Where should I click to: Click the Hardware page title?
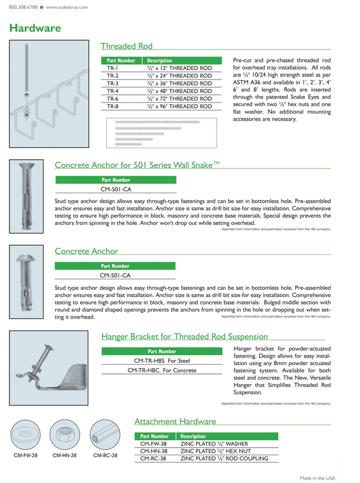click(35, 28)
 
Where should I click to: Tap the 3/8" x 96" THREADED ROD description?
click(179, 107)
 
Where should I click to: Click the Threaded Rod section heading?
click(127, 46)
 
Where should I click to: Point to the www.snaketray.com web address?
click(67, 8)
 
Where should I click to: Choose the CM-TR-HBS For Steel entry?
click(162, 360)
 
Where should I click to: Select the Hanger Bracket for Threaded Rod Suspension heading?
click(184, 337)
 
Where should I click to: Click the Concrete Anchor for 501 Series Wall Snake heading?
click(137, 165)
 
